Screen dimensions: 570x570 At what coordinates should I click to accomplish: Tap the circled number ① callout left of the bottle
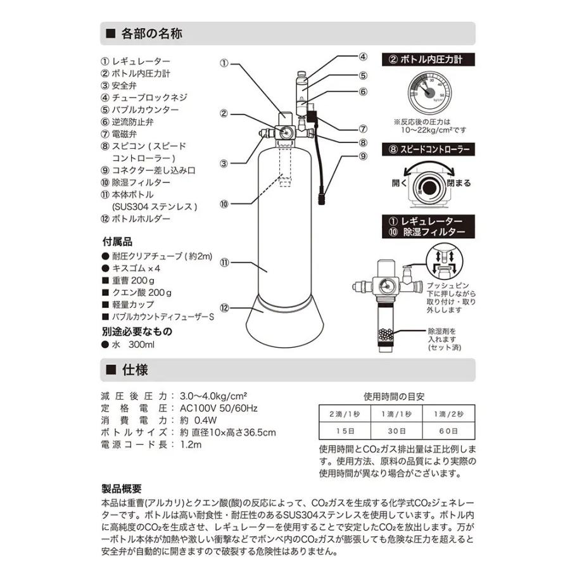(224, 63)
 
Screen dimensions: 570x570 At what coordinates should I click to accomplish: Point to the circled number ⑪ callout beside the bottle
(224, 260)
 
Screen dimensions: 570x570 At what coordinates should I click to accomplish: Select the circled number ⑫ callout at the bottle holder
(224, 307)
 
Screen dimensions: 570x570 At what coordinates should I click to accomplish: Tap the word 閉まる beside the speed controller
(459, 183)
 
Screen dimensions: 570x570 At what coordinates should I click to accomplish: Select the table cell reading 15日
(343, 430)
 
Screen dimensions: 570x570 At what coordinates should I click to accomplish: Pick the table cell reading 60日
(448, 430)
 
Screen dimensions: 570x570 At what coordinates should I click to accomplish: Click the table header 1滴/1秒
(395, 414)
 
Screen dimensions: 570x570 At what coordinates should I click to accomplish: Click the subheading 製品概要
(122, 488)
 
